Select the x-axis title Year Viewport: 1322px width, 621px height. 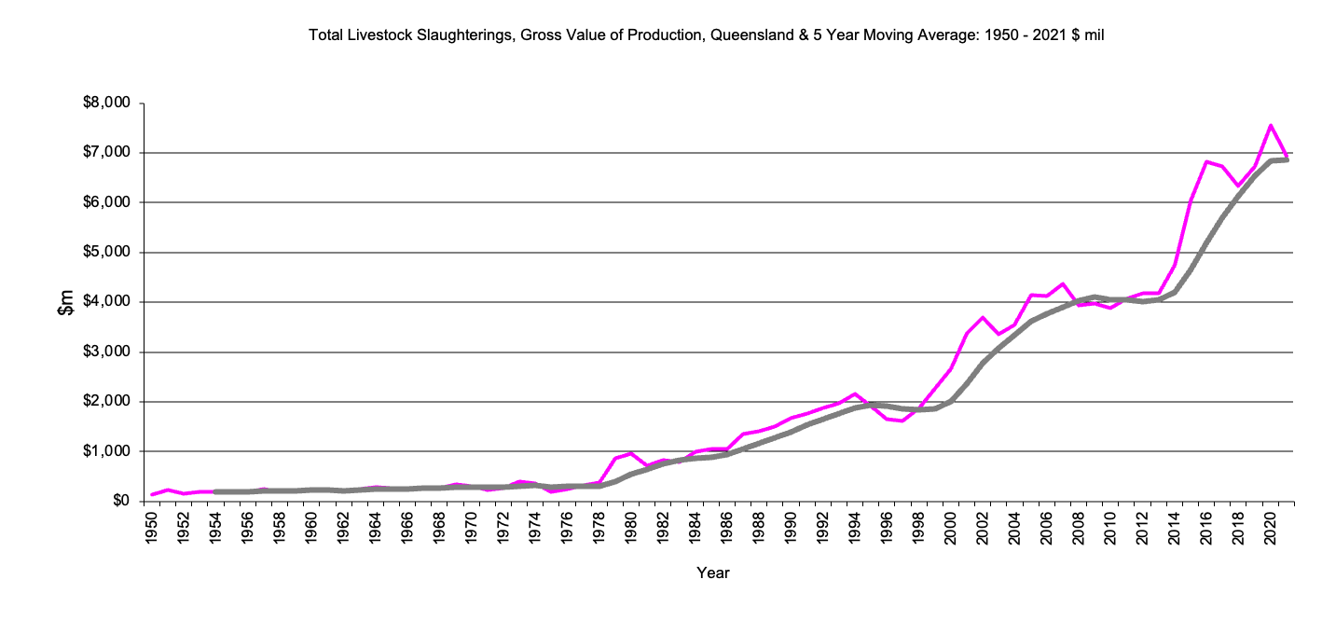tap(713, 573)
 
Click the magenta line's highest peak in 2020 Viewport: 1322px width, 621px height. tap(1270, 125)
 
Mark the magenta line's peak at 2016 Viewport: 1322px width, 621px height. tap(1206, 161)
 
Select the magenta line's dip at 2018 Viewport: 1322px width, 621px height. tap(1238, 186)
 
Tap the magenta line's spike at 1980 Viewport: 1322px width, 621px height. tap(631, 453)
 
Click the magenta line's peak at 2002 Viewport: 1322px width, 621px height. tap(983, 318)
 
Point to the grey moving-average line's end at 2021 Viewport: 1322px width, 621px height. tap(1286, 160)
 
